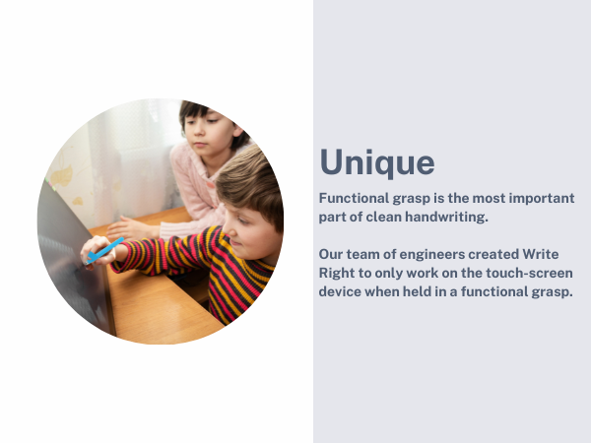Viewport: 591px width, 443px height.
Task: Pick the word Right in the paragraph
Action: click(339, 274)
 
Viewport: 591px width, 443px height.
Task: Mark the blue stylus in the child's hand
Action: click(102, 250)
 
